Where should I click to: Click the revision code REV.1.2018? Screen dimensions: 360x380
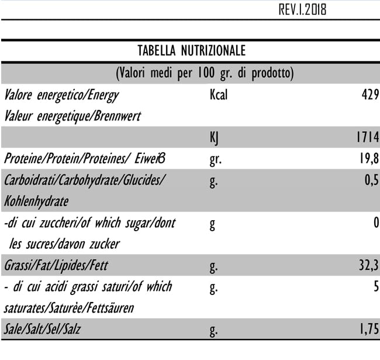tap(302, 10)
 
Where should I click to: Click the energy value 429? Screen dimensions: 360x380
tap(370, 94)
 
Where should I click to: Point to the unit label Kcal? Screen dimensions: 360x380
tap(218, 94)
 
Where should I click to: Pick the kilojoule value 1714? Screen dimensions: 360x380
tap(367, 138)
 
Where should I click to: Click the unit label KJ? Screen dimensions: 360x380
tap(214, 138)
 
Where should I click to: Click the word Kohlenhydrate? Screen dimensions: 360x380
tap(36, 201)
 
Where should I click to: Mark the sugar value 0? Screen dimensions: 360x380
tap(376, 222)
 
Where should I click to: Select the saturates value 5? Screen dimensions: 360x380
tap(376, 287)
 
